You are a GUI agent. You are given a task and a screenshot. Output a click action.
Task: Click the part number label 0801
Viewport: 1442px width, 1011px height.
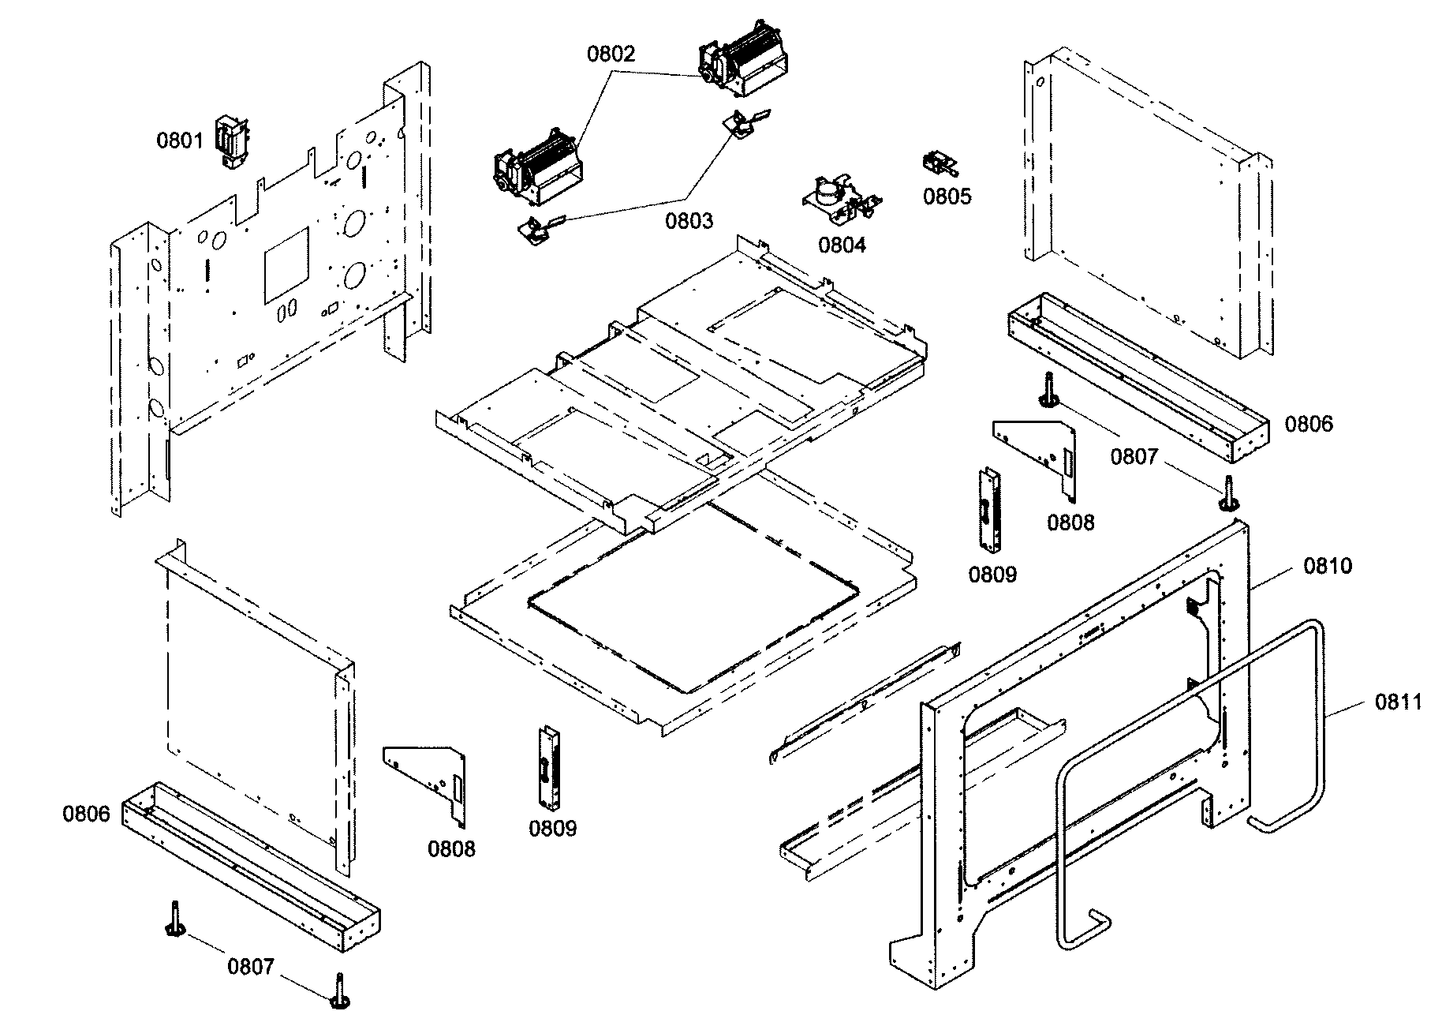[179, 140]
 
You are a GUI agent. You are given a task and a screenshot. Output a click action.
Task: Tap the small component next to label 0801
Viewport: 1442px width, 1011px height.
[233, 142]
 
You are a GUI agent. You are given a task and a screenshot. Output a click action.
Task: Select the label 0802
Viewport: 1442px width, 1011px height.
[611, 54]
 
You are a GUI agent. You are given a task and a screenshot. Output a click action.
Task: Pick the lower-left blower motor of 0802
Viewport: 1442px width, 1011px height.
[536, 168]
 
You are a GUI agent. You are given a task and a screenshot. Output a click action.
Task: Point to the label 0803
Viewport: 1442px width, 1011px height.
[689, 220]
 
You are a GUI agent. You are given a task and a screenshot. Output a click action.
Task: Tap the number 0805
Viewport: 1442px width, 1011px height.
[947, 197]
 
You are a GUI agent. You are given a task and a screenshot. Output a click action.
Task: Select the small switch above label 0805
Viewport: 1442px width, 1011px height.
[940, 163]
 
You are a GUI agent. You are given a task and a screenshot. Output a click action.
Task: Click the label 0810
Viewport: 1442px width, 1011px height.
[1328, 565]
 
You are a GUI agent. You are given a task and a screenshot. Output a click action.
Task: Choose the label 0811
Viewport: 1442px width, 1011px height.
[1399, 701]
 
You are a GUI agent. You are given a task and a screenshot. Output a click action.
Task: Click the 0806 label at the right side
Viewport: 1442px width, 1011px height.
[1309, 424]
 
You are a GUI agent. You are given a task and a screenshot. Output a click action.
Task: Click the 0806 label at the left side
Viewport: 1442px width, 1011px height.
[86, 814]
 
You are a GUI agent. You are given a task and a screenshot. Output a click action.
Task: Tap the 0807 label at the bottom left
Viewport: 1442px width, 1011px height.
[251, 966]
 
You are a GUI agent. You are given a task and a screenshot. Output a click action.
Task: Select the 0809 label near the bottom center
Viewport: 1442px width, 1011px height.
[552, 828]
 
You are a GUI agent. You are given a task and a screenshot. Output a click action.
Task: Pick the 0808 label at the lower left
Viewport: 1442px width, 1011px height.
[451, 848]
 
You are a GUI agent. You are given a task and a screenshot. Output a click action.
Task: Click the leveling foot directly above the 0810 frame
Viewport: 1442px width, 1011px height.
[1229, 493]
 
